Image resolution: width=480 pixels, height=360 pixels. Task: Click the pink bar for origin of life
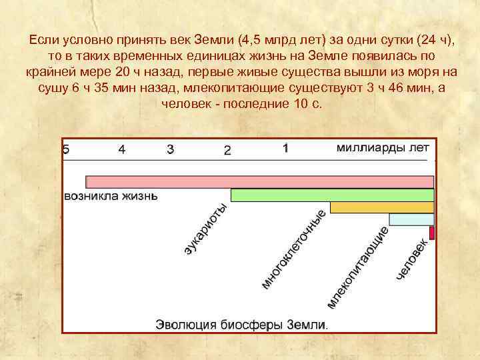tap(260, 181)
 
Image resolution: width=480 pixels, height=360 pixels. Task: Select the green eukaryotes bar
tap(332, 195)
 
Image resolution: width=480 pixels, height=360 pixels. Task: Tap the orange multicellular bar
tap(382, 207)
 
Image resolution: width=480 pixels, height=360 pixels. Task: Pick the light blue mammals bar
tap(411, 219)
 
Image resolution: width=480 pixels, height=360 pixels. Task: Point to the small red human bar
tap(432, 233)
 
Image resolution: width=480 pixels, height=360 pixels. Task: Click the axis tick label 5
tap(65, 150)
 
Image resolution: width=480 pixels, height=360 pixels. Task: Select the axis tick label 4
tap(121, 150)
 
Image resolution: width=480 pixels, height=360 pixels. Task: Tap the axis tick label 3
tap(171, 150)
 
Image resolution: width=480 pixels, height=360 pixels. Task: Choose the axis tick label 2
tap(227, 151)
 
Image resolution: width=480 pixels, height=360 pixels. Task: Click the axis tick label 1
tap(285, 149)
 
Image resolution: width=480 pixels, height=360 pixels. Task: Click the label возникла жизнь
tap(111, 196)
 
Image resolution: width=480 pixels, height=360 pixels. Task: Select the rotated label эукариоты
tap(206, 229)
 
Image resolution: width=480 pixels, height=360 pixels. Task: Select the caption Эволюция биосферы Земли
tap(242, 325)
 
